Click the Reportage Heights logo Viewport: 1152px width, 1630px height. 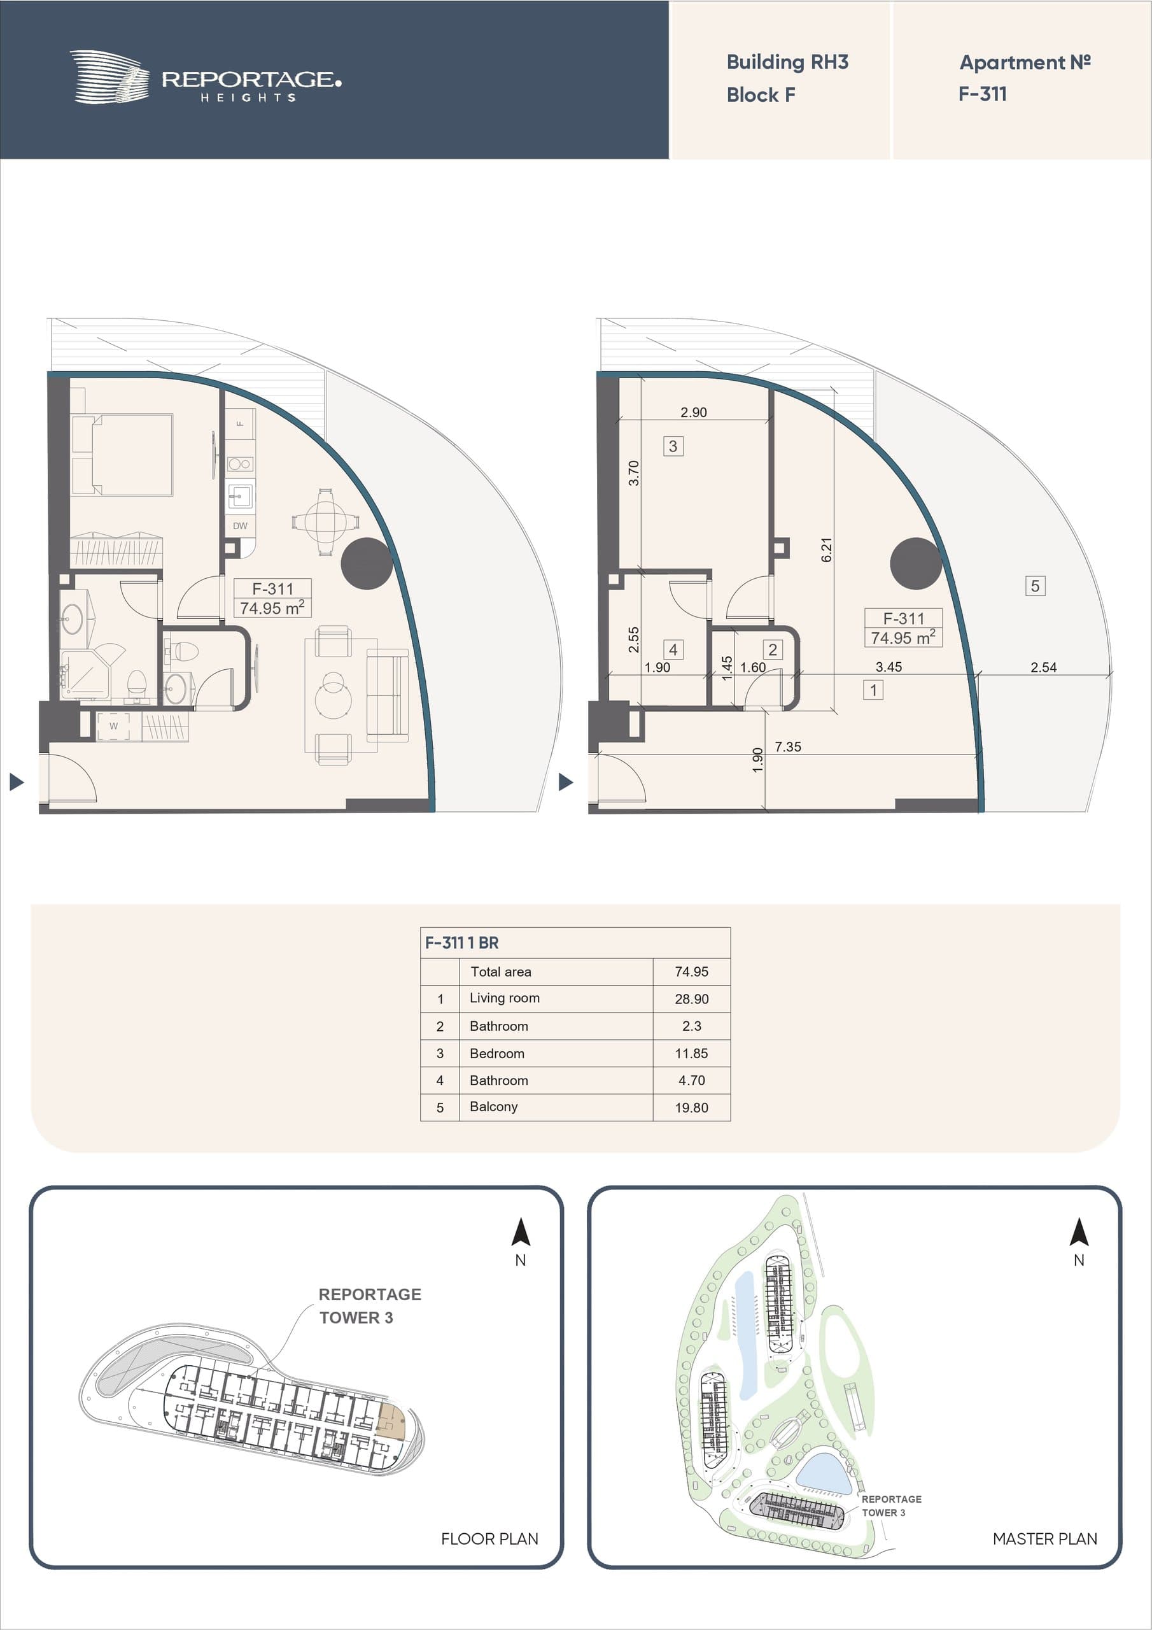(x=205, y=78)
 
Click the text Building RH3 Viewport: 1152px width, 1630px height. (x=787, y=62)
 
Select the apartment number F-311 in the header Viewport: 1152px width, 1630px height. (x=982, y=94)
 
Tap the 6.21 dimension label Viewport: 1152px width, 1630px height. (x=826, y=549)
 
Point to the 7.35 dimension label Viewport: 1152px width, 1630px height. (x=788, y=747)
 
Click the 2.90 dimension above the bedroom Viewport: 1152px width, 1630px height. (x=694, y=413)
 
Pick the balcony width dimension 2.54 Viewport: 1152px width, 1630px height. (x=1043, y=667)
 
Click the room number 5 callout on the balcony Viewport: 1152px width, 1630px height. (x=1035, y=586)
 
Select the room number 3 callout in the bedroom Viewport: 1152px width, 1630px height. (x=673, y=446)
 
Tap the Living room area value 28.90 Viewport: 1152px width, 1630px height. (x=691, y=999)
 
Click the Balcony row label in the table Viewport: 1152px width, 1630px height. (x=493, y=1107)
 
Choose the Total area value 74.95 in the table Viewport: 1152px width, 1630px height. (x=691, y=972)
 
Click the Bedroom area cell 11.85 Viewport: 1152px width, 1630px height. (x=691, y=1054)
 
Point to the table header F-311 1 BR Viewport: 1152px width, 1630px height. (x=462, y=943)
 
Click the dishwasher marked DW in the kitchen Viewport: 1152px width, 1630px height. (x=240, y=526)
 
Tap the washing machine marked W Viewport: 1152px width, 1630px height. (x=113, y=726)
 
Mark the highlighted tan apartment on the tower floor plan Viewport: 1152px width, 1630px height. (x=390, y=1421)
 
